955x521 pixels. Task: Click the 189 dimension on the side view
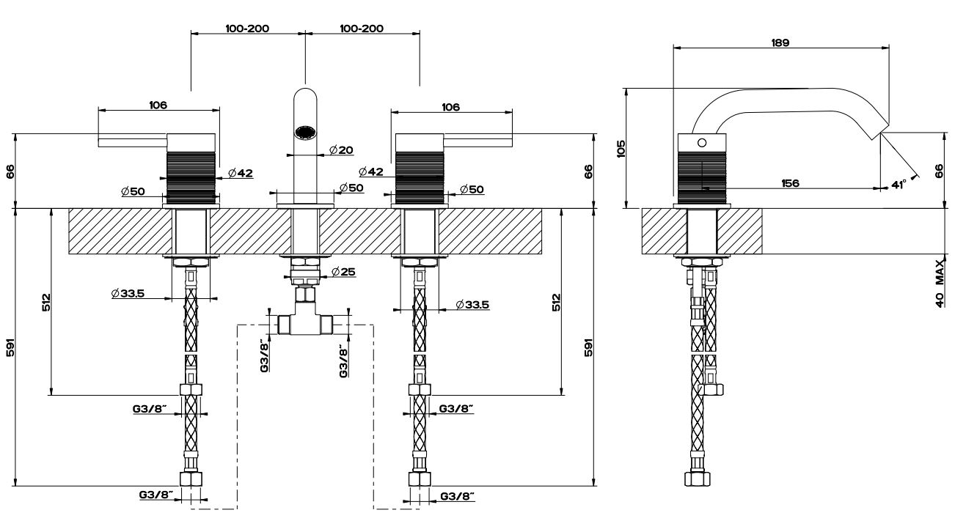click(x=780, y=43)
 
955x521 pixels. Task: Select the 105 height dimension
click(x=621, y=149)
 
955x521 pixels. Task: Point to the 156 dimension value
click(x=790, y=182)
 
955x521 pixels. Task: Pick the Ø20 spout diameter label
click(x=341, y=150)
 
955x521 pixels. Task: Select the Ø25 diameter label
click(x=343, y=273)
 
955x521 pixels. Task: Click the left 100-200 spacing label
click(x=247, y=29)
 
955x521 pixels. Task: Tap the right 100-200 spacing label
click(x=362, y=29)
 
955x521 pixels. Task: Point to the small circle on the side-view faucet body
click(x=702, y=142)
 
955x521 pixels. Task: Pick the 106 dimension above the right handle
click(x=450, y=107)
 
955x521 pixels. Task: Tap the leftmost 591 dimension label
click(x=9, y=346)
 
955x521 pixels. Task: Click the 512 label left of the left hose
click(x=45, y=302)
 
